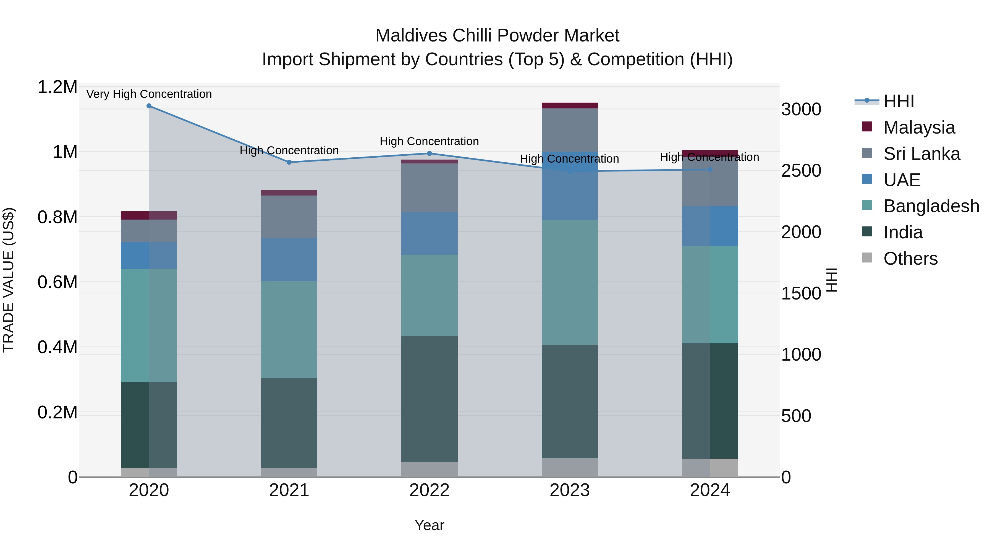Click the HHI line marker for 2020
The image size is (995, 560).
149,106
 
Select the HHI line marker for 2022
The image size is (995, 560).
429,153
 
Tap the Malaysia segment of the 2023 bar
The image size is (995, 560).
569,106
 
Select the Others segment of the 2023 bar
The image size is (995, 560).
569,468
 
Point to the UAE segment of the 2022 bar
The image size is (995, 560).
429,233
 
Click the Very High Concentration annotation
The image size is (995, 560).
149,94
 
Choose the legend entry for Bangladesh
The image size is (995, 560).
931,206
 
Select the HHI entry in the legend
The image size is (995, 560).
899,101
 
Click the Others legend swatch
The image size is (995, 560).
867,258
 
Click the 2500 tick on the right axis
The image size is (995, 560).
801,171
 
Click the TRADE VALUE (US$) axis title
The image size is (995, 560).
9,280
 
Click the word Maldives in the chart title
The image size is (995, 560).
411,36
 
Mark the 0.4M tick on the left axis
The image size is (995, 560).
57,347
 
